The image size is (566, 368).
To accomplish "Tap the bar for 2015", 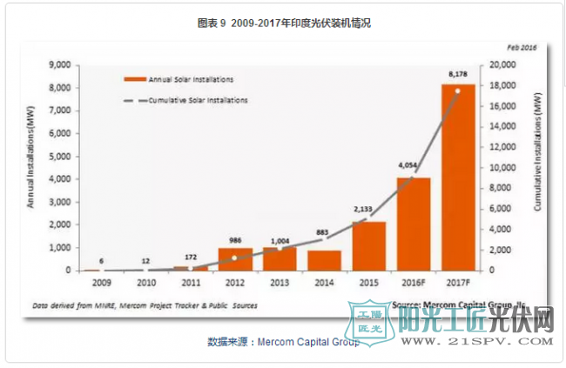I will point(368,246).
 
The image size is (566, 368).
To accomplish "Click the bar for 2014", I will point(323,260).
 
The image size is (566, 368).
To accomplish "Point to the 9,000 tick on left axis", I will point(59,65).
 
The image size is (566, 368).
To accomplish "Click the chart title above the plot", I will point(283,23).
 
